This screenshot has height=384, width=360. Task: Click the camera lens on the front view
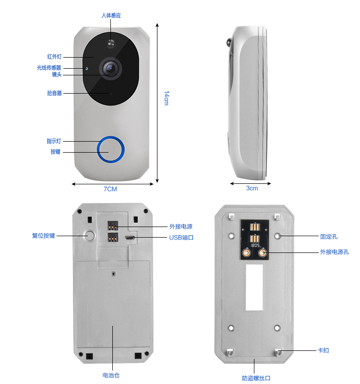coord(110,68)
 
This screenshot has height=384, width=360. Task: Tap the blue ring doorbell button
coord(111,149)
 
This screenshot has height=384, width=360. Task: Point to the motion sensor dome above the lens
coord(111,44)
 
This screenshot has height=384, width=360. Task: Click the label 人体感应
coord(111,15)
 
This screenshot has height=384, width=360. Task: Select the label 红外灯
coord(54,57)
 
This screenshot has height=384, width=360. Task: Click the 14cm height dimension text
coord(167,98)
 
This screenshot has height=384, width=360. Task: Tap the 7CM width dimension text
coord(110,189)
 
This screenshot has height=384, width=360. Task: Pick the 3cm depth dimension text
coord(252,188)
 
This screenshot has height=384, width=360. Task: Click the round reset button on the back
coord(90,236)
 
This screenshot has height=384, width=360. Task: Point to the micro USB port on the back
coord(129,238)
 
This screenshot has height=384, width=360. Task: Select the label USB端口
coord(181,238)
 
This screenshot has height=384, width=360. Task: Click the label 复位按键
coord(44,236)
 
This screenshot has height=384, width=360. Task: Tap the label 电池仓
coord(111,375)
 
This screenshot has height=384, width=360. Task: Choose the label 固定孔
coord(329,237)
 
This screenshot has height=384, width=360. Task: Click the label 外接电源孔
coord(335,252)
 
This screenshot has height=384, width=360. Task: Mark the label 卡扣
coord(323,350)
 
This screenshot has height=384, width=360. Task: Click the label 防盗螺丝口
coord(256,378)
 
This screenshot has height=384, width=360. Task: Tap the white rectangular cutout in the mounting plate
coord(254,287)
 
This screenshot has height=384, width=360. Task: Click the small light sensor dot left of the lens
coord(86,68)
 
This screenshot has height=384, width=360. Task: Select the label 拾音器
coord(54,93)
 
